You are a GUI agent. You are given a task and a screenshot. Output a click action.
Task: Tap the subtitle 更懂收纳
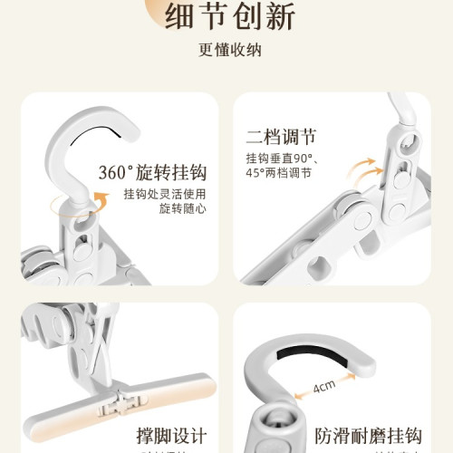coord(226,50)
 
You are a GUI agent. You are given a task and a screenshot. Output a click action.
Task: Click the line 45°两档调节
coord(284,174)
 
